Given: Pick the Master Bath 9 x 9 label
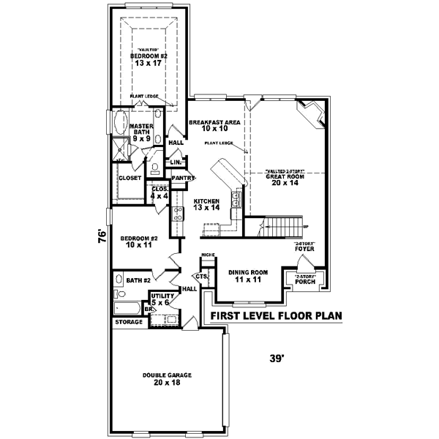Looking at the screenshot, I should [x=140, y=132].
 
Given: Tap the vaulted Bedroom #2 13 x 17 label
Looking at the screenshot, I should [x=149, y=59].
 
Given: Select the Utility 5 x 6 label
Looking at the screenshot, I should [x=160, y=299].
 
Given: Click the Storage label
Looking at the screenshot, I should [x=129, y=321].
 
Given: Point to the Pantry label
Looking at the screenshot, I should [x=181, y=178].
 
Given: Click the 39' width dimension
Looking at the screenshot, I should [x=276, y=358].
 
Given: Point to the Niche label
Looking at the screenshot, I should [x=207, y=255].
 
